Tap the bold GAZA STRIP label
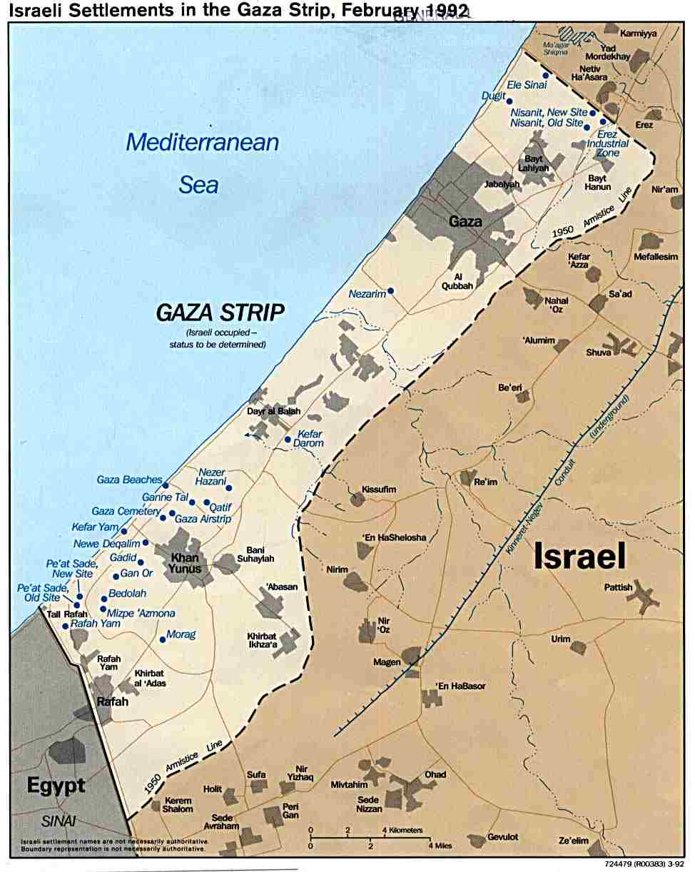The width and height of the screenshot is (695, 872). tap(220, 312)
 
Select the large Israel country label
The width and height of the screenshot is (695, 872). tap(579, 556)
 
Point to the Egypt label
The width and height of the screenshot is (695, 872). tap(56, 786)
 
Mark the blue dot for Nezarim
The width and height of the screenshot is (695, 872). tap(390, 291)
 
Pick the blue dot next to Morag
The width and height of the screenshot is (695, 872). tap(163, 639)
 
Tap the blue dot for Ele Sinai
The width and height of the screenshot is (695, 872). tap(545, 75)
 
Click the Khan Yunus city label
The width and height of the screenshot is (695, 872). tap(188, 563)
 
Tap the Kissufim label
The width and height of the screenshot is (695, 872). tap(378, 490)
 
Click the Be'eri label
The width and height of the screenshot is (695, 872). tap(510, 387)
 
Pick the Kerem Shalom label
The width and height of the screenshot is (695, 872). tap(178, 804)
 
